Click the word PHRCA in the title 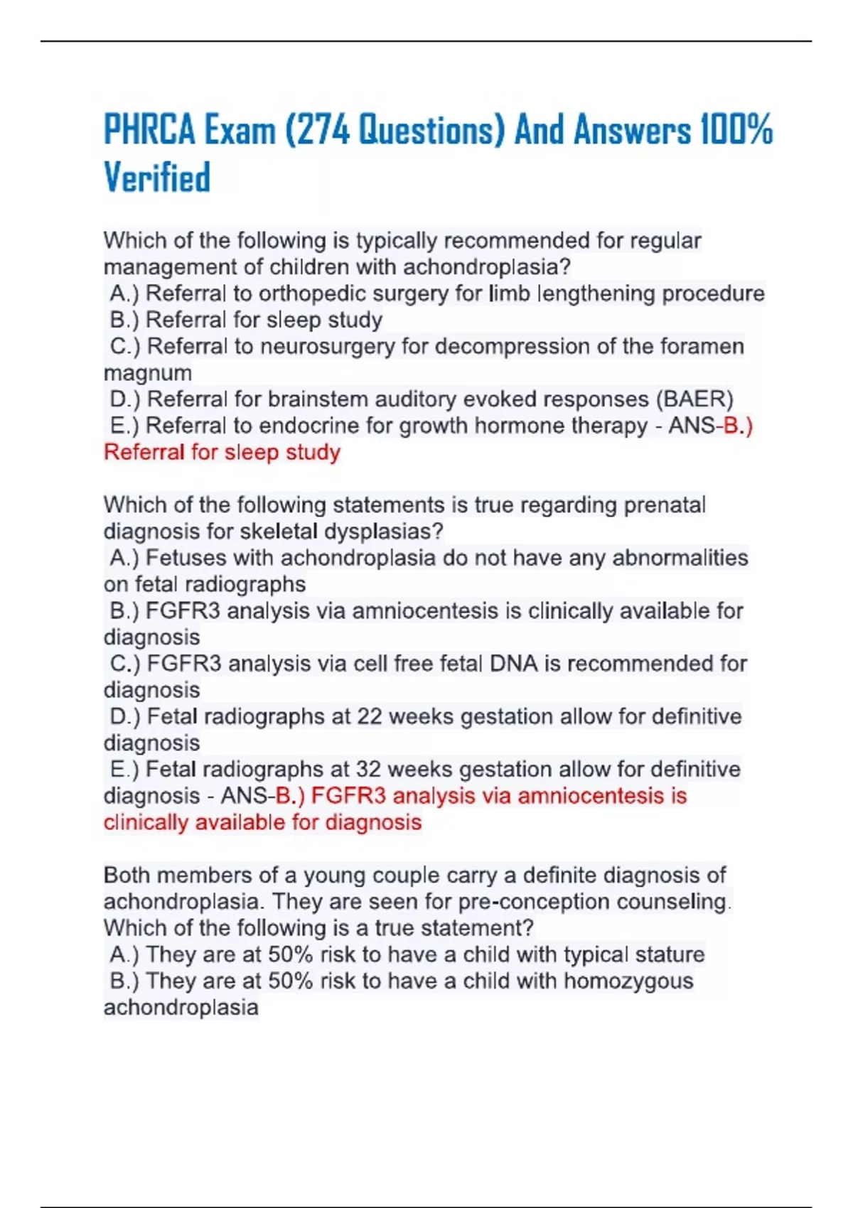149,130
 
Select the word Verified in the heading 157,178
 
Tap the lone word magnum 148,373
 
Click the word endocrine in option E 310,426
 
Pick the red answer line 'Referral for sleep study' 222,453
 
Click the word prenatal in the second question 665,505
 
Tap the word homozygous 628,981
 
